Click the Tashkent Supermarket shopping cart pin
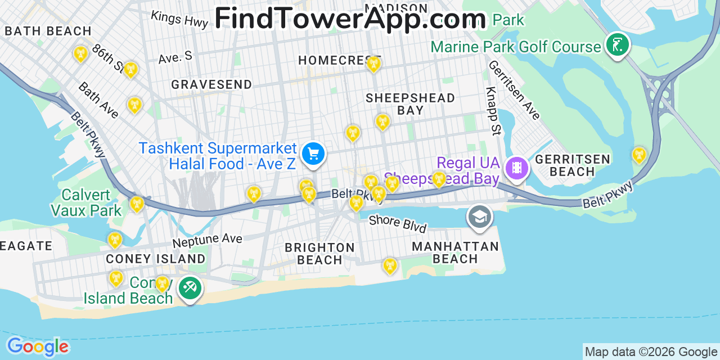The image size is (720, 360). [x=313, y=154]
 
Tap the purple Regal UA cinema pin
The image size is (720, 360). [x=517, y=168]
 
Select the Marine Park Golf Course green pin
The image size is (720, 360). [x=617, y=45]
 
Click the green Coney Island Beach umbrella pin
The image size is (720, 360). [x=190, y=289]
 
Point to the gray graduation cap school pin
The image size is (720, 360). [x=479, y=217]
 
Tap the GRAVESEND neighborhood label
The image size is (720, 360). [x=211, y=84]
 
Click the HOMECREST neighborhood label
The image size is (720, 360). [x=339, y=60]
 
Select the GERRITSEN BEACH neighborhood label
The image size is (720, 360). [x=573, y=165]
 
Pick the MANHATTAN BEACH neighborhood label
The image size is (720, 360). [x=456, y=253]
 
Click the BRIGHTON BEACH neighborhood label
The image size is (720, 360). [x=319, y=254]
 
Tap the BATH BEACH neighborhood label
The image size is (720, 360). [x=48, y=31]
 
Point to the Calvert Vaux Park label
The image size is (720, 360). [x=86, y=202]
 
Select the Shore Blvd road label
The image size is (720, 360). [x=398, y=223]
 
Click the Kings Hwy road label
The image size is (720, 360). [x=179, y=18]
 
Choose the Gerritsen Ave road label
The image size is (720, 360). [x=514, y=90]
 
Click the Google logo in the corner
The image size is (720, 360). [x=37, y=346]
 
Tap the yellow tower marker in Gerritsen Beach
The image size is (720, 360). [x=639, y=154]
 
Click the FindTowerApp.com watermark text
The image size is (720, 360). [x=350, y=18]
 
